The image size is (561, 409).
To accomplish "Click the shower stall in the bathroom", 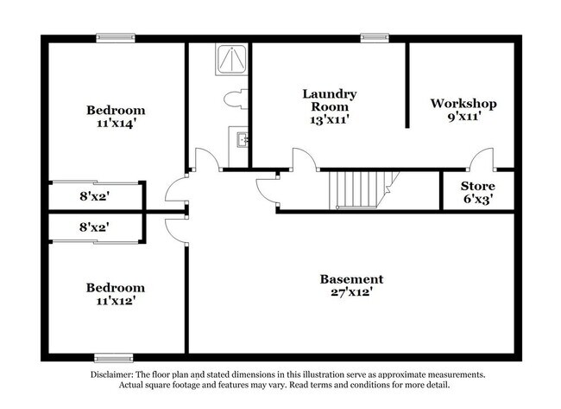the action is coord(231,59).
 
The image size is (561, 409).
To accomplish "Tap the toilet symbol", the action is coord(236,99).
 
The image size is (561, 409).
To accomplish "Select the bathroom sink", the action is coord(243,139).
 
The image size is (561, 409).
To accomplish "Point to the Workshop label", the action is coord(463,103).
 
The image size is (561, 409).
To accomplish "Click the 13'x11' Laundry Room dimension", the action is coord(329,119).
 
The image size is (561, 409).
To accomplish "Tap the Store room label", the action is coord(477,186).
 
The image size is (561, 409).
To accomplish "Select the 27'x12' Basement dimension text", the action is coord(351,292).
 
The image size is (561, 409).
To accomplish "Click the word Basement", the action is coord(351,279).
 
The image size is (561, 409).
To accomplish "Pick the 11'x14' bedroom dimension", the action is coord(116,124).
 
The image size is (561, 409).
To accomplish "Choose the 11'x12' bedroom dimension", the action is coord(116,300).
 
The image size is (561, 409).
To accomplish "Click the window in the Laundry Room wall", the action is coord(375,38).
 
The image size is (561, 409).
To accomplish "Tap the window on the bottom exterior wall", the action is coord(114,358).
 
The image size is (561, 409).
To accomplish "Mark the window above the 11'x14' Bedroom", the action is coord(116,38).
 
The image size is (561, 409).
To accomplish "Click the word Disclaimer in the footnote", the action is coord(111,375).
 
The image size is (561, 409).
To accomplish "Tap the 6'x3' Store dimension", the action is coord(478,199).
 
